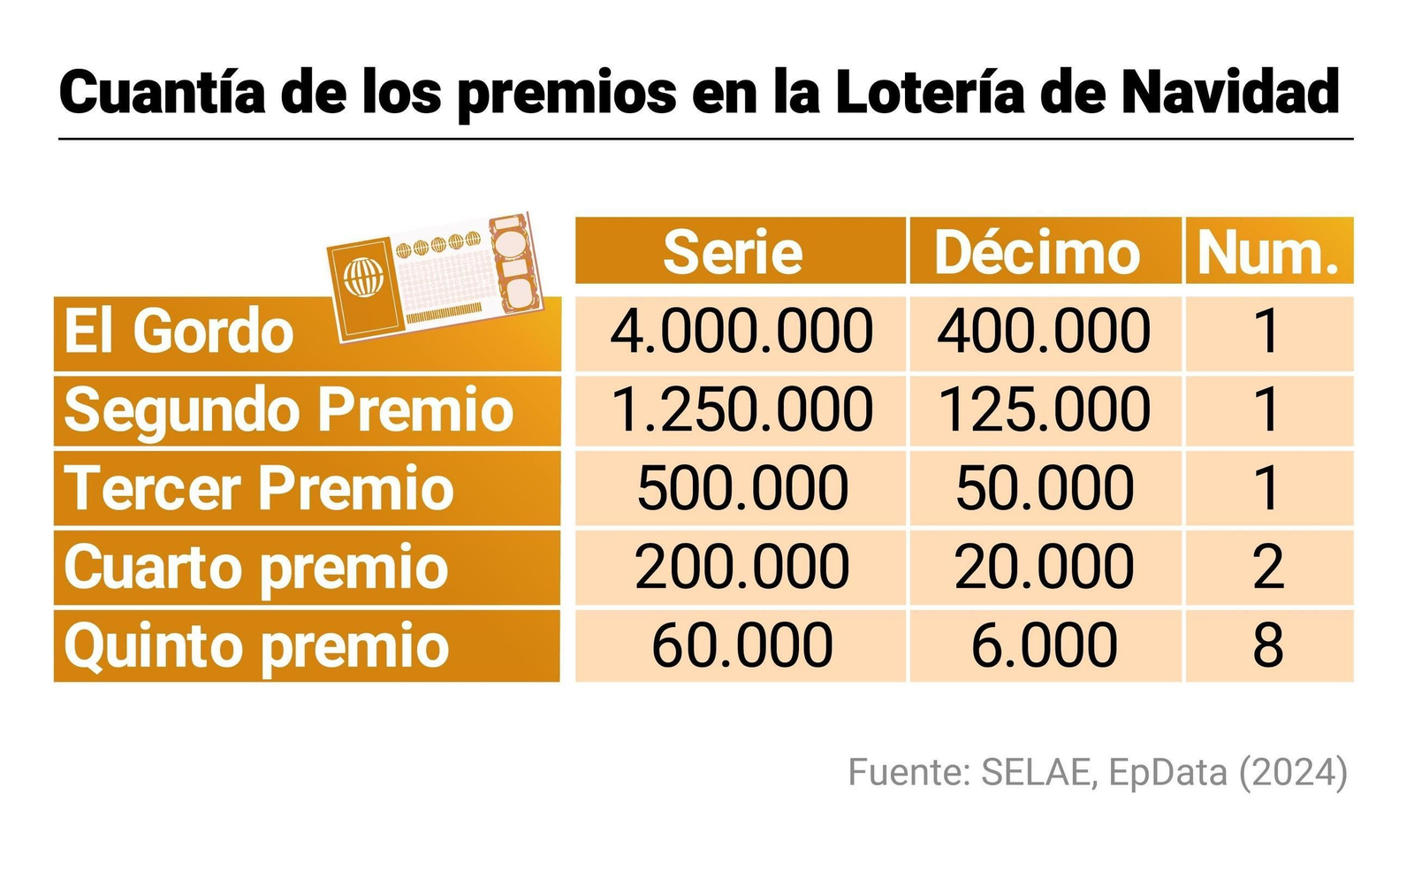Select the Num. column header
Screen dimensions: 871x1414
tap(1269, 253)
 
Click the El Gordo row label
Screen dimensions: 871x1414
tap(179, 332)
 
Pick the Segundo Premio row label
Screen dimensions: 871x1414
tap(289, 411)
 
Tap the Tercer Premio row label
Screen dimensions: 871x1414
tap(259, 489)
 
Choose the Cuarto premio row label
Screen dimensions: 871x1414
tap(256, 567)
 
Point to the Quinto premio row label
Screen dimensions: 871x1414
tap(257, 646)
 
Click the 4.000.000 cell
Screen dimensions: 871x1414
tap(741, 332)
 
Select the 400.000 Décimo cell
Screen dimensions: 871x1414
tap(1045, 332)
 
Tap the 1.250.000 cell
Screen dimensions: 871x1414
tap(741, 411)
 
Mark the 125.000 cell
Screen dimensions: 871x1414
tap(1045, 411)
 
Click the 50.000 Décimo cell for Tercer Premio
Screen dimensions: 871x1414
tap(1045, 489)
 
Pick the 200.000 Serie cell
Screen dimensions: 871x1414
tap(741, 567)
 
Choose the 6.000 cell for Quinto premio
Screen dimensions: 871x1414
tap(1045, 646)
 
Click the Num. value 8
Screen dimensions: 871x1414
tap(1268, 646)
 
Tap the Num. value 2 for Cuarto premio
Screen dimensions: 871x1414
tap(1268, 567)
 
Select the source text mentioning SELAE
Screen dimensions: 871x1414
tap(1097, 772)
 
